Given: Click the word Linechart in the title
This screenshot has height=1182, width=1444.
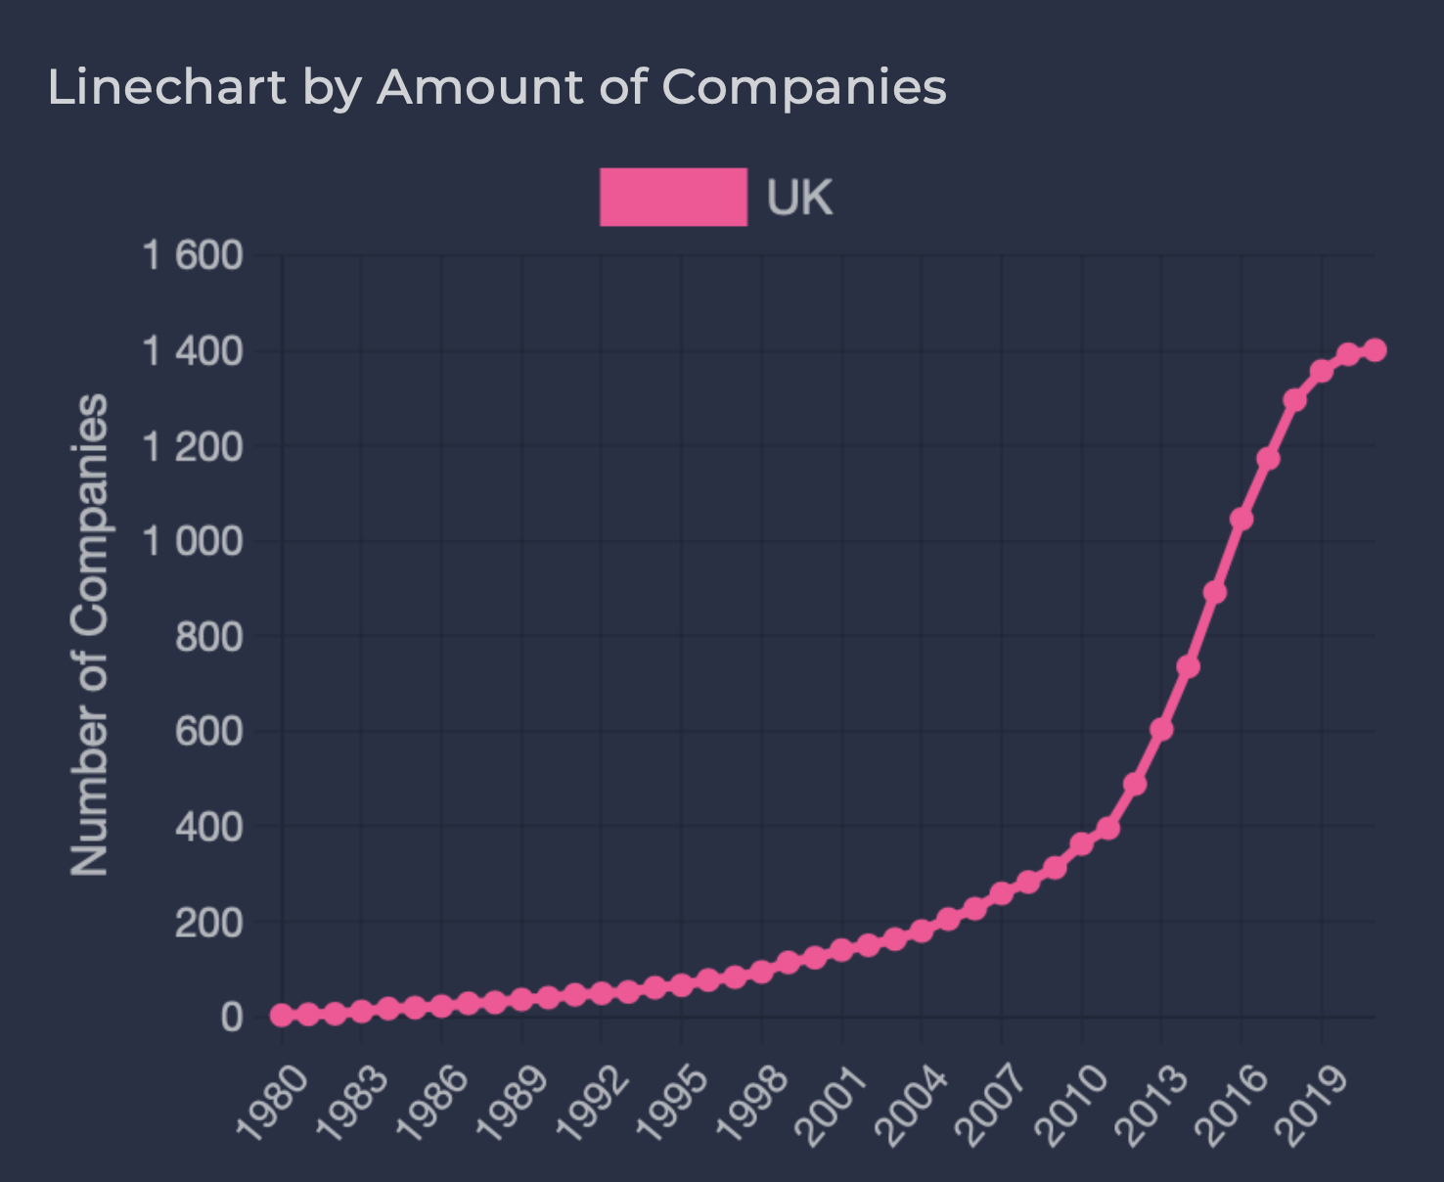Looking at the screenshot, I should pyautogui.click(x=166, y=87).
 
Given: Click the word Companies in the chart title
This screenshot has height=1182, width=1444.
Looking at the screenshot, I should pyautogui.click(x=803, y=87).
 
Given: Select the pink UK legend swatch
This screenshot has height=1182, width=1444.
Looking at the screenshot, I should pyautogui.click(x=673, y=197).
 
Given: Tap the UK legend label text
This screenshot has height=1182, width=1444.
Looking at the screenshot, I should pyautogui.click(x=799, y=199).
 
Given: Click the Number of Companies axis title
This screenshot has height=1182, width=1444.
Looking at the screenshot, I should pyautogui.click(x=90, y=635).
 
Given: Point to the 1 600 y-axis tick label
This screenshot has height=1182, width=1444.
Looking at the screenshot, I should pyautogui.click(x=193, y=255).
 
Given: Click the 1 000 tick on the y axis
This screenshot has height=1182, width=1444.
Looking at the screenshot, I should pyautogui.click(x=193, y=541).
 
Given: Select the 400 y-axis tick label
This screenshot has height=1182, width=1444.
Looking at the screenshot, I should pyautogui.click(x=208, y=827).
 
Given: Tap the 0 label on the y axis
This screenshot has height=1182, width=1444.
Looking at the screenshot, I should pyautogui.click(x=232, y=1017).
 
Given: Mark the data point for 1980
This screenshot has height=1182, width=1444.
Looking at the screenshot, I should pyautogui.click(x=282, y=1015).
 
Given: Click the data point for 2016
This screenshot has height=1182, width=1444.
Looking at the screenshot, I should pyautogui.click(x=1241, y=519).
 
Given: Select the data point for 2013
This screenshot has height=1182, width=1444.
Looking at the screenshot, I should pyautogui.click(x=1161, y=729).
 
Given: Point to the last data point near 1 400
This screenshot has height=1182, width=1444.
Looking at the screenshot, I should pyautogui.click(x=1375, y=350).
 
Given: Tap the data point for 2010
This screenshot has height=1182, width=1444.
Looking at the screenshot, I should pyautogui.click(x=1081, y=843).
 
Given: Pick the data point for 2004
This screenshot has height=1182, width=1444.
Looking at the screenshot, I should pyautogui.click(x=922, y=930).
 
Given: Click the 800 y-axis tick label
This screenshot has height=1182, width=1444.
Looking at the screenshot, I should pyautogui.click(x=208, y=637).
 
